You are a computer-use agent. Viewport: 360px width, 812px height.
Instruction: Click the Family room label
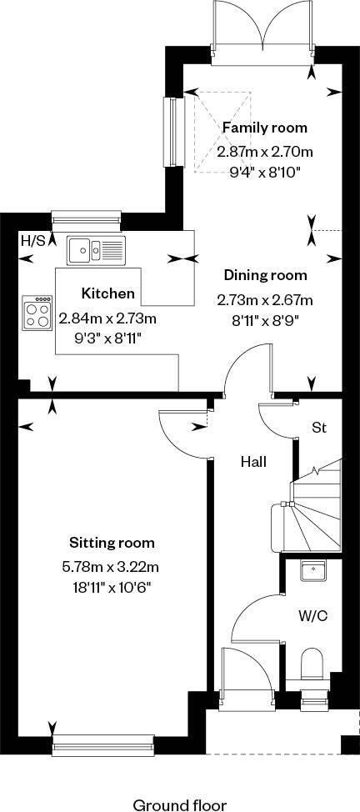point(265,128)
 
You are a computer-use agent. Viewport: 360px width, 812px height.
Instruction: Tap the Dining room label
point(265,275)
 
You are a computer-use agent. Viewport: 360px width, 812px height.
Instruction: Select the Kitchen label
point(108,294)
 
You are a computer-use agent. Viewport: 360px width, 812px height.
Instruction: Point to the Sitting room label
point(112,544)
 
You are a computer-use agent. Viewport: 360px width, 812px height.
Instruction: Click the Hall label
point(253,461)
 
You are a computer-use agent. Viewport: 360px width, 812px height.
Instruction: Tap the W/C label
point(313,616)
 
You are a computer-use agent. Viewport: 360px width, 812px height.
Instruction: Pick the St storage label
point(318,428)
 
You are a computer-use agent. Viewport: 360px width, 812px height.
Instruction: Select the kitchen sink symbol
point(96,251)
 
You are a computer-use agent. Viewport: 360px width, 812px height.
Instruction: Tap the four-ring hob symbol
point(37,313)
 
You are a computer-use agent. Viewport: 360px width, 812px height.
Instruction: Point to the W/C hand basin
point(312,571)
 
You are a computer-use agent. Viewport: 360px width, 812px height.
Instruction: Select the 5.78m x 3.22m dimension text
point(110,568)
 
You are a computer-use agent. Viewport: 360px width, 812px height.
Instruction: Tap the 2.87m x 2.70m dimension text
point(265,153)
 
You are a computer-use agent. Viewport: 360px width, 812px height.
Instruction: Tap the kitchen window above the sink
point(87,220)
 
